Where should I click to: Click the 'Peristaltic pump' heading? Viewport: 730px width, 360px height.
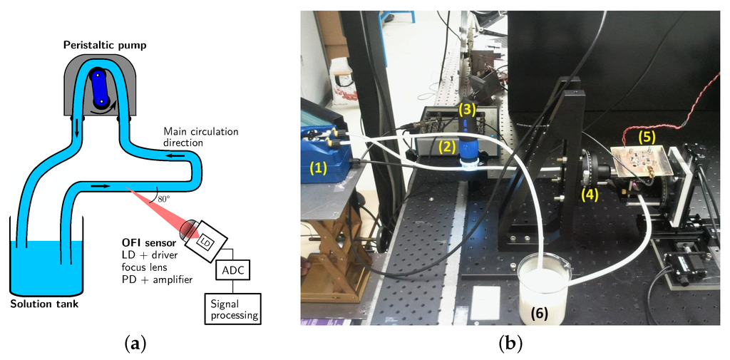105,46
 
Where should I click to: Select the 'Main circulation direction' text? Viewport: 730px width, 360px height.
200,137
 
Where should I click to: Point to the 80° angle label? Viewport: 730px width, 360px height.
164,199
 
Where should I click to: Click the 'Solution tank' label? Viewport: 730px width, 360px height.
44,305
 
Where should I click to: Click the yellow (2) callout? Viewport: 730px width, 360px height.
446,147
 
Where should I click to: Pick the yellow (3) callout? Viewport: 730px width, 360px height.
466,109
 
